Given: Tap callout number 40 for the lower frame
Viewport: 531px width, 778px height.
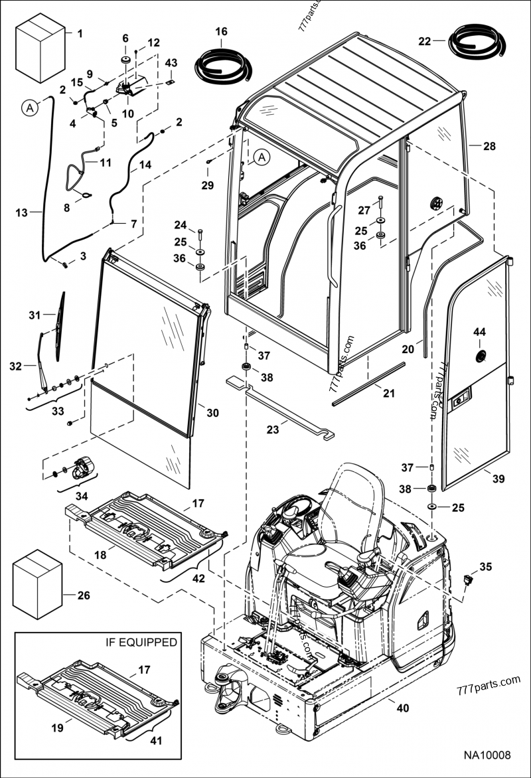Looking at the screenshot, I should coord(402,708).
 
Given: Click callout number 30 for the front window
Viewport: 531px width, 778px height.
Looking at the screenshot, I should coord(212,413).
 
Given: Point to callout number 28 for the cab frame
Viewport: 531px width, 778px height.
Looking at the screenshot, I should coord(489,146).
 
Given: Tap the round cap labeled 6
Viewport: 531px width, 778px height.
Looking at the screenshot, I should coord(125,61).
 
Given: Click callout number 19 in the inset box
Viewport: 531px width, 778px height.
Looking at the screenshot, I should coord(58,728).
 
